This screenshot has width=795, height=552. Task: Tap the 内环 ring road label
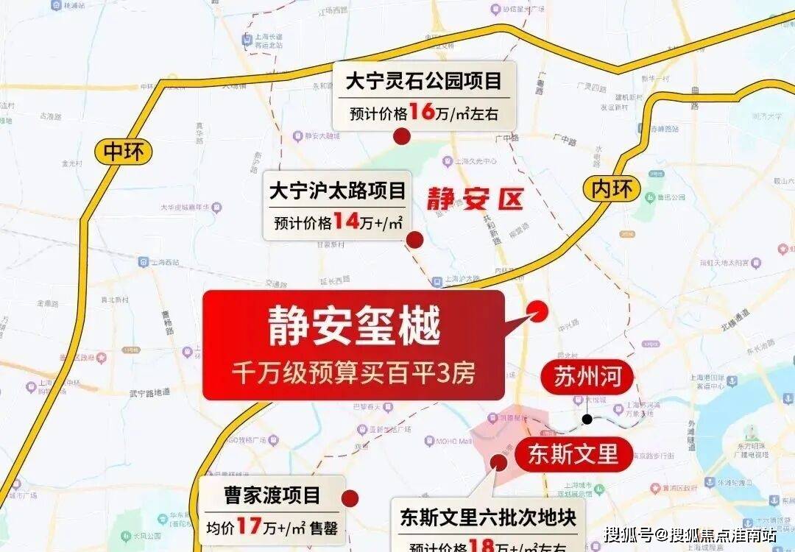coord(612,189)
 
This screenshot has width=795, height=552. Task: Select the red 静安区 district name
coord(476,199)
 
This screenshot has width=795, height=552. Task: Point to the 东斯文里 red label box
coord(573,454)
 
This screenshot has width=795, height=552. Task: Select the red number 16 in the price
coord(423,113)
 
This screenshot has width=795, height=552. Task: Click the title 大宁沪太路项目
coord(337,192)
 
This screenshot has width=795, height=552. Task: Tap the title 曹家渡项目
coord(272,495)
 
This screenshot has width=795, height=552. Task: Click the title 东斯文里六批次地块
coord(487,517)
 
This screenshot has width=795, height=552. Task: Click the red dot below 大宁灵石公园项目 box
coord(401,136)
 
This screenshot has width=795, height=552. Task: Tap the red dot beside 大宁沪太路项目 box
coord(414,239)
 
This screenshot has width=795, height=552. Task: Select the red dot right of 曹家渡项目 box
coord(350,499)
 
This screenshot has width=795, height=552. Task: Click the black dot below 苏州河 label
coord(587,420)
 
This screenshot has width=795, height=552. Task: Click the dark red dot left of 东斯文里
coord(498,461)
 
